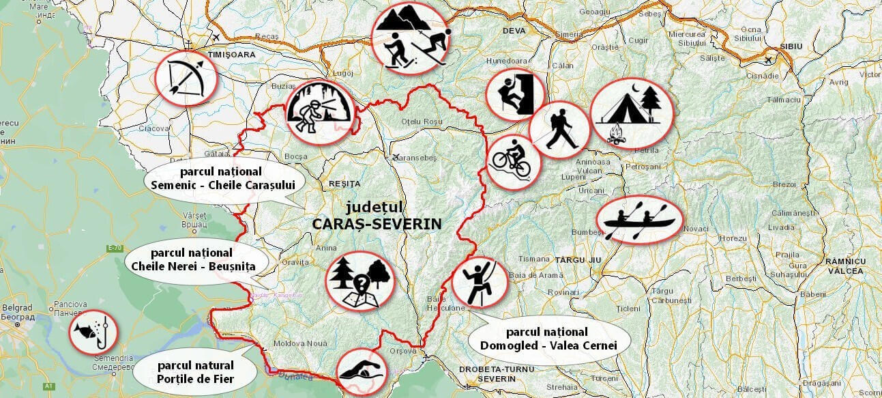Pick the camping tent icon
(631, 113)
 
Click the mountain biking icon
(513, 162)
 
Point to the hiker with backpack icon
(559, 130)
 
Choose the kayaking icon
(638, 219)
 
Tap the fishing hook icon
(93, 331)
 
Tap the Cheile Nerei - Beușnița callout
(193, 260)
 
